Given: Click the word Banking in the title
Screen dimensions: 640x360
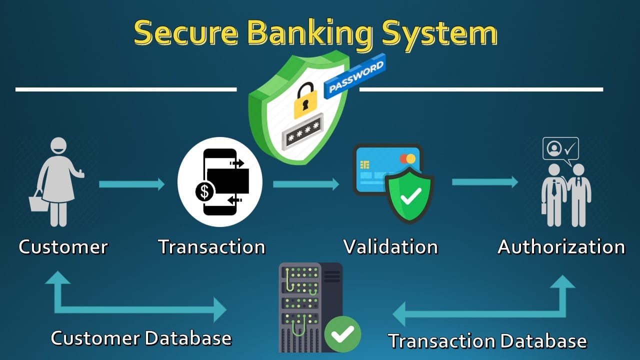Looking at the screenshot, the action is [309, 33].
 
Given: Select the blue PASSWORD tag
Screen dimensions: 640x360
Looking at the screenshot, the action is [355, 76].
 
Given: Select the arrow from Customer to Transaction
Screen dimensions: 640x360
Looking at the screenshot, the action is [132, 184].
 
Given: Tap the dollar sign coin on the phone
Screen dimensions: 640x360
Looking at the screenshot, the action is [205, 191].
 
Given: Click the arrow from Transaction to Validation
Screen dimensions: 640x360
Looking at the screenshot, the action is [306, 184].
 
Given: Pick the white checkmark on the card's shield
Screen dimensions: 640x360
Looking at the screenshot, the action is [411, 196].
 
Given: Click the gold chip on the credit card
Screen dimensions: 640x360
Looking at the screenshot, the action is [364, 165].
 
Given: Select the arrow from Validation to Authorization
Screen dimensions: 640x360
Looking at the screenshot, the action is [485, 182].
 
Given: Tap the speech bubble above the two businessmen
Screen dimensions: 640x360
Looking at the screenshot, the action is [560, 149].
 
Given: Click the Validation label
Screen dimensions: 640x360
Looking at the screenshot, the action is [390, 246].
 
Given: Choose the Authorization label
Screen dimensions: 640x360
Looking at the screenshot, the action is [561, 246].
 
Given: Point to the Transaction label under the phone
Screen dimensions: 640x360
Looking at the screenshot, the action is [211, 246].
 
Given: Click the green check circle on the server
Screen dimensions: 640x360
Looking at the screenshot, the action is [342, 334].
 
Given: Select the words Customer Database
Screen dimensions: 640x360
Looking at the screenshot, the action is [141, 338].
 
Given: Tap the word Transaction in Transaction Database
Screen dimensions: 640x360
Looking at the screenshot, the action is [441, 341].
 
